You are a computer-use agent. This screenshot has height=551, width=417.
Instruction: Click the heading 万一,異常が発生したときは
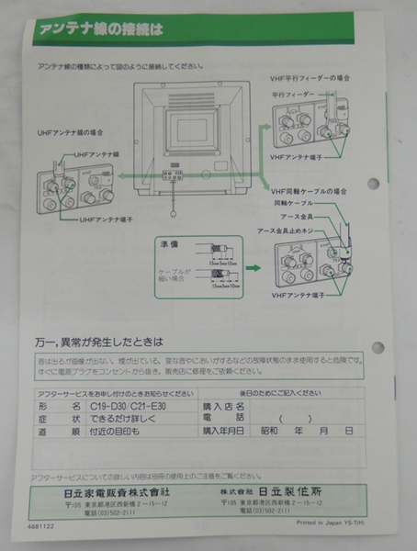[x=110, y=343]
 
